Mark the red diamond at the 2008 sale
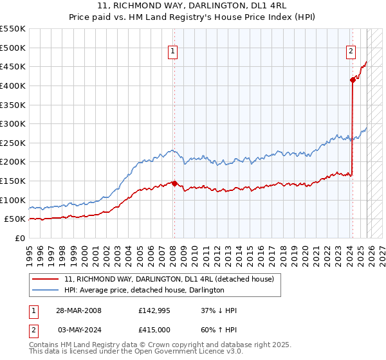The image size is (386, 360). pyautogui.click(x=174, y=183)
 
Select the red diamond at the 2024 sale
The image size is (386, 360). pyautogui.click(x=353, y=80)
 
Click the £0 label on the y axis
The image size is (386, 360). pyautogui.click(x=19, y=238)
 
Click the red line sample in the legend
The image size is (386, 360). pyautogui.click(x=46, y=279)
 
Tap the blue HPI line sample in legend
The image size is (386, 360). pyautogui.click(x=46, y=290)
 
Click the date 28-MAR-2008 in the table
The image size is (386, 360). pyautogui.click(x=78, y=311)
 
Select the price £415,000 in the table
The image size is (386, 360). pyautogui.click(x=154, y=329)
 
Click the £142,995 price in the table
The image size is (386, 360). pyautogui.click(x=154, y=311)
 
